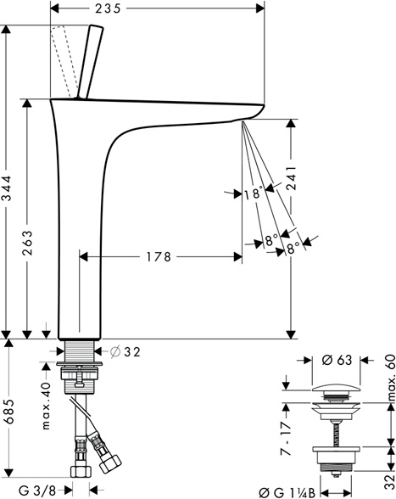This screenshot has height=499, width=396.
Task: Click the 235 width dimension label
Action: pos(108,8)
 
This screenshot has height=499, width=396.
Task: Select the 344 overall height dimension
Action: pos(7,188)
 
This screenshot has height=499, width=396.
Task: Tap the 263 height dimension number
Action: pos(27,243)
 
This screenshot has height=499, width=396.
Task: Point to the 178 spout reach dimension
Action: pos(159,257)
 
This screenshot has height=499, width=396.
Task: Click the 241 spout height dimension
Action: pos(290,177)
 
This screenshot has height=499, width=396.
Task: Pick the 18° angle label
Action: pos(254,193)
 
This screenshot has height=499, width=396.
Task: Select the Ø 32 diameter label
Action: pos(125,352)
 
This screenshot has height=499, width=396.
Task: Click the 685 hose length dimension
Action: pos(9,411)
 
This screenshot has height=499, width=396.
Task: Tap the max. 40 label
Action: pos(46,406)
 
